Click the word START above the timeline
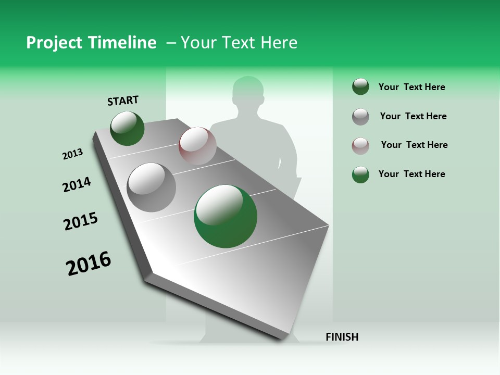click(123, 100)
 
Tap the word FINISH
click(342, 337)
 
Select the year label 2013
click(72, 154)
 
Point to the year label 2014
click(77, 184)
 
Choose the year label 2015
click(81, 221)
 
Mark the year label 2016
click(89, 263)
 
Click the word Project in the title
click(55, 43)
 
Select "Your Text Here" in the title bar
click(239, 43)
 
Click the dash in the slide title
click(171, 43)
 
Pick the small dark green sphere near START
click(127, 128)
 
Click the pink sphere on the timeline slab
click(197, 145)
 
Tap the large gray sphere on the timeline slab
click(151, 187)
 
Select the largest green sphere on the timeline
click(225, 216)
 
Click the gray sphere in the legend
click(360, 117)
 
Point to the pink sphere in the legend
click(360, 146)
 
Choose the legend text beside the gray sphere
click(413, 116)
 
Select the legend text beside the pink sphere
click(414, 145)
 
